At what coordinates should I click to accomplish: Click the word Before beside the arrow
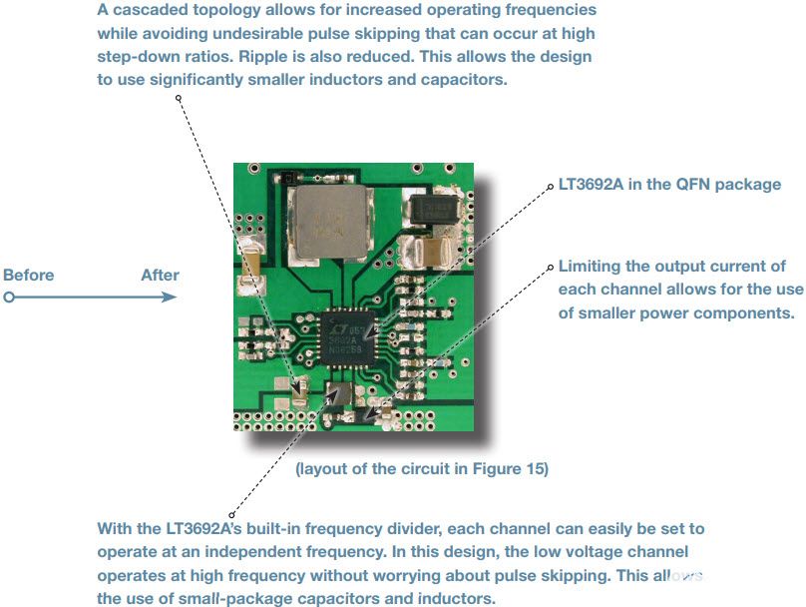(x=28, y=276)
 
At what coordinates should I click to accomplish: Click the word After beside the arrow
(x=160, y=276)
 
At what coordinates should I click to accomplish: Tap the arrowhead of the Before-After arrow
(x=169, y=297)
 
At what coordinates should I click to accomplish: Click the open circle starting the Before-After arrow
(x=9, y=298)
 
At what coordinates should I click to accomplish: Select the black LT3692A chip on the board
(x=347, y=338)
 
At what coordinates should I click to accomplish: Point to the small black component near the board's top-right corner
(x=433, y=209)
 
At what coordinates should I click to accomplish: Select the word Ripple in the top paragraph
(x=263, y=57)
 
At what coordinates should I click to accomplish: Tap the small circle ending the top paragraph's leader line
(x=179, y=98)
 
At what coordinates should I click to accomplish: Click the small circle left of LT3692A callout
(x=550, y=187)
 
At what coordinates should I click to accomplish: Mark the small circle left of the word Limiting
(x=550, y=268)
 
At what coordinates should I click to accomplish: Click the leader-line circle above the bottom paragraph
(x=231, y=515)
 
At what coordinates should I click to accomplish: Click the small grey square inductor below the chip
(x=340, y=394)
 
